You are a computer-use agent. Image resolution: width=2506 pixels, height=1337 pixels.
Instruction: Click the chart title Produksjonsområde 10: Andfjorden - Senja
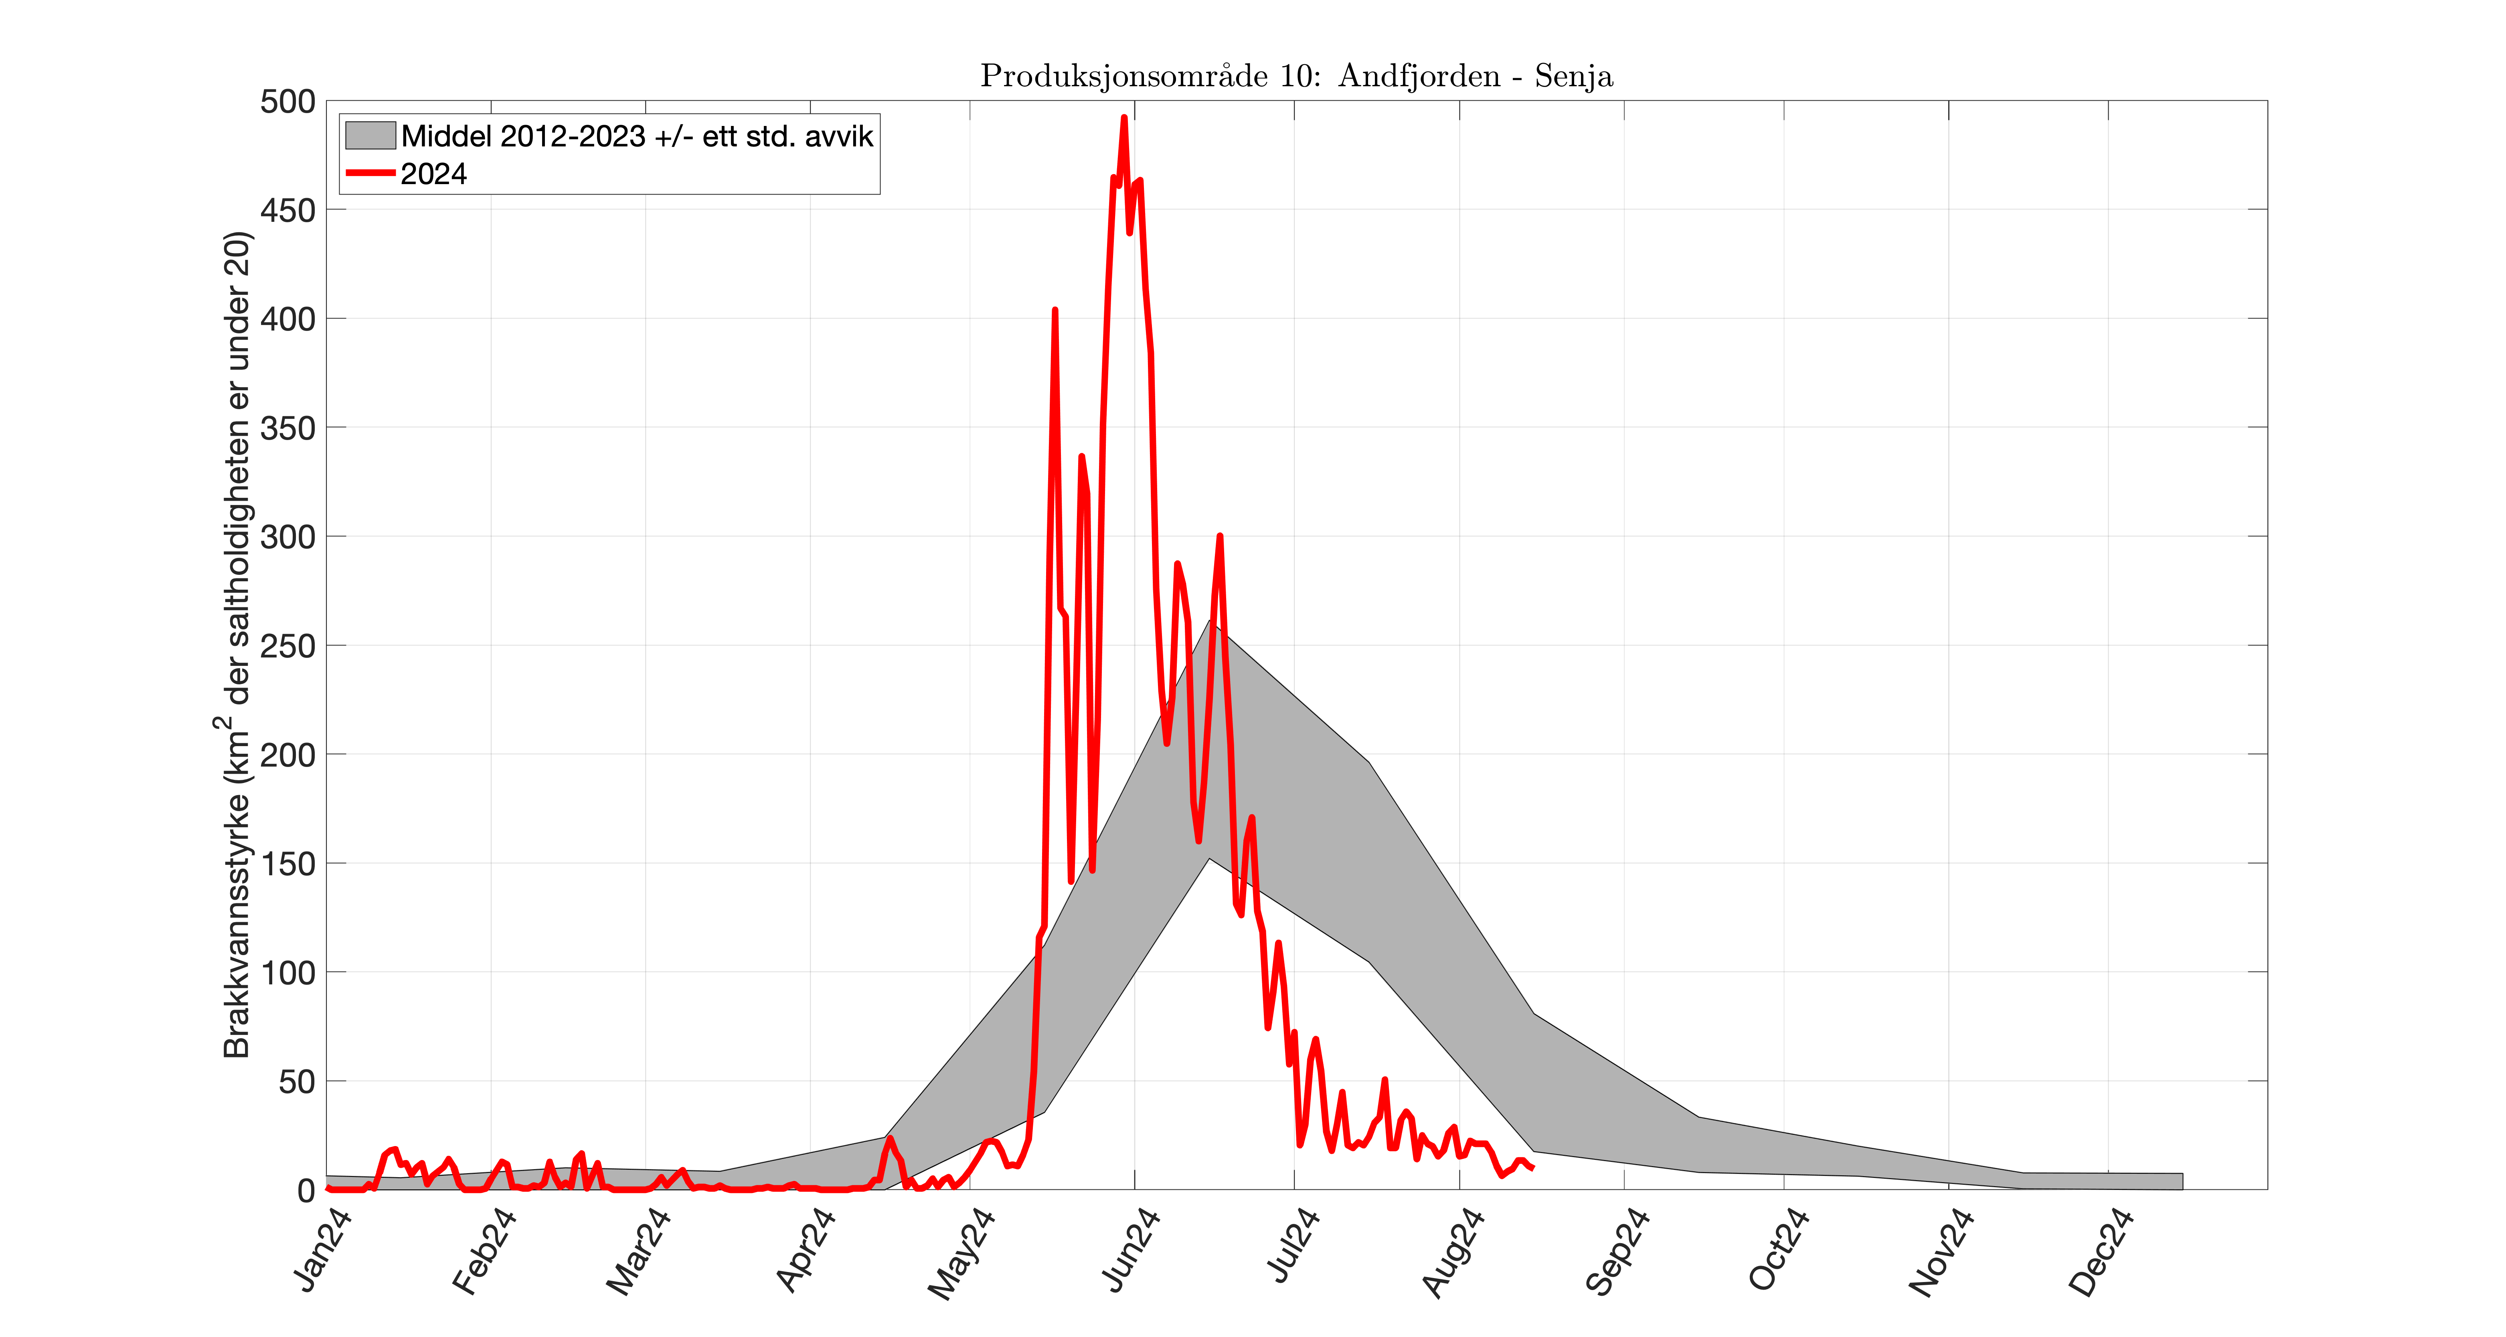click(1296, 76)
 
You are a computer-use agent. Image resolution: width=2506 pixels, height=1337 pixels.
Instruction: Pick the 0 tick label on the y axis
click(306, 1190)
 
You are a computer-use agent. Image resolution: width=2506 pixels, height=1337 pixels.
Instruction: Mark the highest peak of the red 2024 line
click(1123, 118)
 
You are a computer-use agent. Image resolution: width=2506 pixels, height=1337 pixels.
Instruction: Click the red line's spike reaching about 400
click(1055, 310)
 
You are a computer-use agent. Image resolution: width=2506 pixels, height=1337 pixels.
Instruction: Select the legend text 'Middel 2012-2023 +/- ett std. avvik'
click(637, 136)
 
